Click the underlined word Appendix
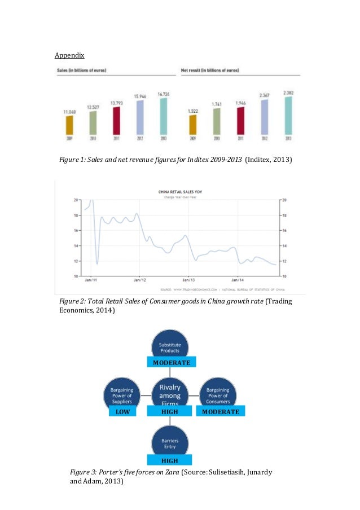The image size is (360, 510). point(69,56)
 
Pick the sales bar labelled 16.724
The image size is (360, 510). point(163,116)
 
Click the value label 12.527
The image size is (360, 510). point(93,107)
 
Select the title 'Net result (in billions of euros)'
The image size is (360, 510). point(210,71)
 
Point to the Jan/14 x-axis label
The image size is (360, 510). point(238,280)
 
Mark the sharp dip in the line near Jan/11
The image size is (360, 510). point(97,263)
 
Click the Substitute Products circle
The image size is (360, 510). point(169,347)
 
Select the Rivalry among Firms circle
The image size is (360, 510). point(170,392)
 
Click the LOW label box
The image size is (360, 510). point(122,412)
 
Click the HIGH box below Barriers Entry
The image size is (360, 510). point(169,460)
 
